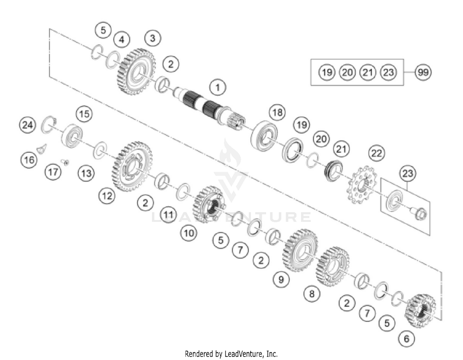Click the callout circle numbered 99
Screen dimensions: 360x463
coord(423,72)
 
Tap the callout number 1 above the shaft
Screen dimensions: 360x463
coord(218,87)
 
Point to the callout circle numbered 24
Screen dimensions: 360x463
coord(27,125)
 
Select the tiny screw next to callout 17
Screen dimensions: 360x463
coord(65,161)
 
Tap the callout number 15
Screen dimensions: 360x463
coord(84,114)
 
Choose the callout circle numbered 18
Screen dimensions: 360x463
coord(277,112)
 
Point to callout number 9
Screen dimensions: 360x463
coord(281,279)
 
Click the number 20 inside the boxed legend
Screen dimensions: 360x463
coord(347,72)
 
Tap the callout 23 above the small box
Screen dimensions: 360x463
coord(407,173)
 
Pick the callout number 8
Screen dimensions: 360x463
coord(312,293)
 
